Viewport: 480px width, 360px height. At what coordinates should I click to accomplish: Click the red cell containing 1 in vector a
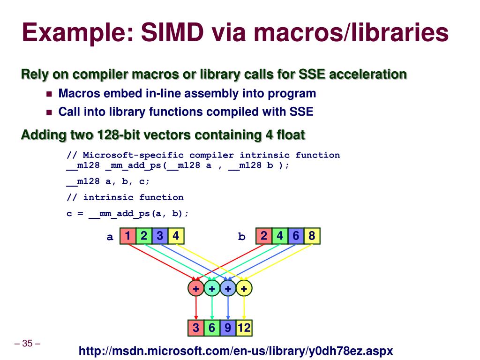[127, 236]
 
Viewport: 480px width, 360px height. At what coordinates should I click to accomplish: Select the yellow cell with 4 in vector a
[176, 236]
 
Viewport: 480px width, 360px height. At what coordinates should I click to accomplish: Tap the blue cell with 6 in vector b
[296, 236]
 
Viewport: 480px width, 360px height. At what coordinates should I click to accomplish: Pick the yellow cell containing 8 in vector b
[312, 236]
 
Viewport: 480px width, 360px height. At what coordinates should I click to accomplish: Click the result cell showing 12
[244, 328]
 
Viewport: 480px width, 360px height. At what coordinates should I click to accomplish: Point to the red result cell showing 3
[196, 328]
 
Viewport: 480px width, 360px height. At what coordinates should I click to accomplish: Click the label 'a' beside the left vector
[110, 237]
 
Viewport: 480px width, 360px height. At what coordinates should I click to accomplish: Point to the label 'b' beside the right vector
[242, 237]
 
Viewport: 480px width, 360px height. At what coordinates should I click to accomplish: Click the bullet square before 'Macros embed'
[49, 94]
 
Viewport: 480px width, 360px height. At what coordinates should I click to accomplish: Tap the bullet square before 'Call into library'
[49, 112]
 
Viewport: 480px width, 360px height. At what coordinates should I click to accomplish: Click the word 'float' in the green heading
[290, 135]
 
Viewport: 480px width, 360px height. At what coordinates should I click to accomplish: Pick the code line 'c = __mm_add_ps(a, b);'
[127, 213]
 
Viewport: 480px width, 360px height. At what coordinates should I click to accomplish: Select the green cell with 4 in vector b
[280, 236]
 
